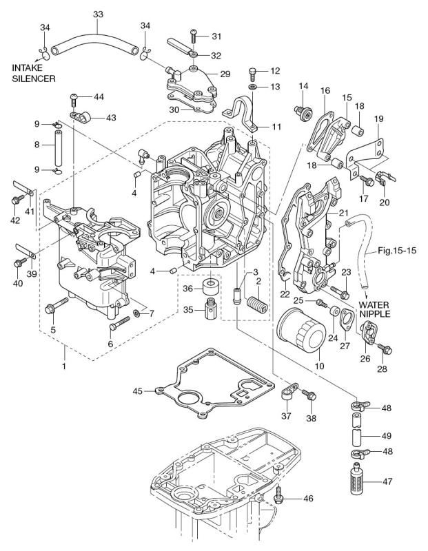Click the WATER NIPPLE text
pos(372,309)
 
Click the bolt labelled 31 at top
pos(194,35)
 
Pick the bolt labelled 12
pos(254,72)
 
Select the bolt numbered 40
pos(20,262)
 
